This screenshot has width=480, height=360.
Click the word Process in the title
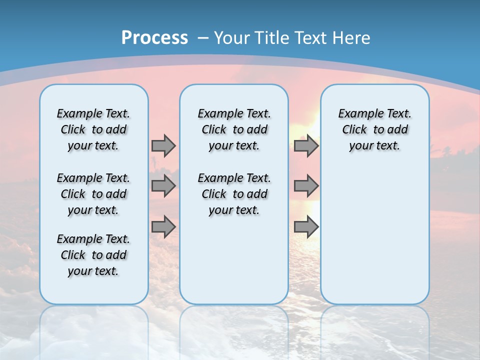154,37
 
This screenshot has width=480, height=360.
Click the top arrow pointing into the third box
306,145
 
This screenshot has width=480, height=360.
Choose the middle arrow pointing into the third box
306,186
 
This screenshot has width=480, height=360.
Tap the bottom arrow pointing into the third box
306,227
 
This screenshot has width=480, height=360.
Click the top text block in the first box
93,129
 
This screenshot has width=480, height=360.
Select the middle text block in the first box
93,194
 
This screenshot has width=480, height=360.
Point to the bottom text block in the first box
93,255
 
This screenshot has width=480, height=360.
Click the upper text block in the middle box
234,129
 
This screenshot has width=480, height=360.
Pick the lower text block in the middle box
234,194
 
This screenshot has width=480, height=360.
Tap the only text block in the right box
374,129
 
